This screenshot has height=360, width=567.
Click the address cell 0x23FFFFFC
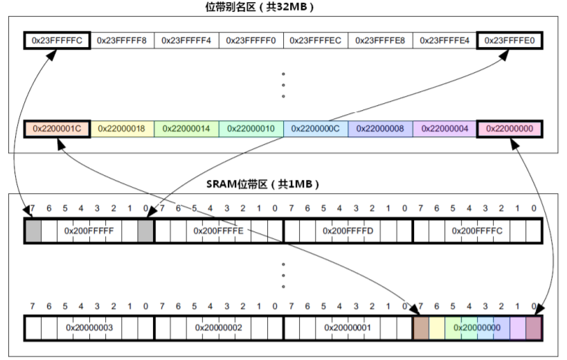tap(57, 41)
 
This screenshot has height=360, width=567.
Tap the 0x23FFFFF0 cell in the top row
tap(251, 41)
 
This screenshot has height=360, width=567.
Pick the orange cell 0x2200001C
tap(57, 129)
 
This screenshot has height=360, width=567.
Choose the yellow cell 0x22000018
tap(121, 129)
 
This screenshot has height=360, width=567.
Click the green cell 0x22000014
tap(186, 129)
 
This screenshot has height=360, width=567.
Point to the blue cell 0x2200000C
tap(315, 129)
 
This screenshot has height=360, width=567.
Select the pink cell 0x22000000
tap(510, 129)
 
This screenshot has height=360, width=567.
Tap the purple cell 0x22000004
tap(445, 129)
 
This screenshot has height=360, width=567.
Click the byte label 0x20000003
tap(89, 327)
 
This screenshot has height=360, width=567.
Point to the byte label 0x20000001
tap(348, 327)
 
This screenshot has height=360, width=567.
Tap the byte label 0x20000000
tap(477, 327)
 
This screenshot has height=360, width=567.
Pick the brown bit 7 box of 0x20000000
tap(420, 327)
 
